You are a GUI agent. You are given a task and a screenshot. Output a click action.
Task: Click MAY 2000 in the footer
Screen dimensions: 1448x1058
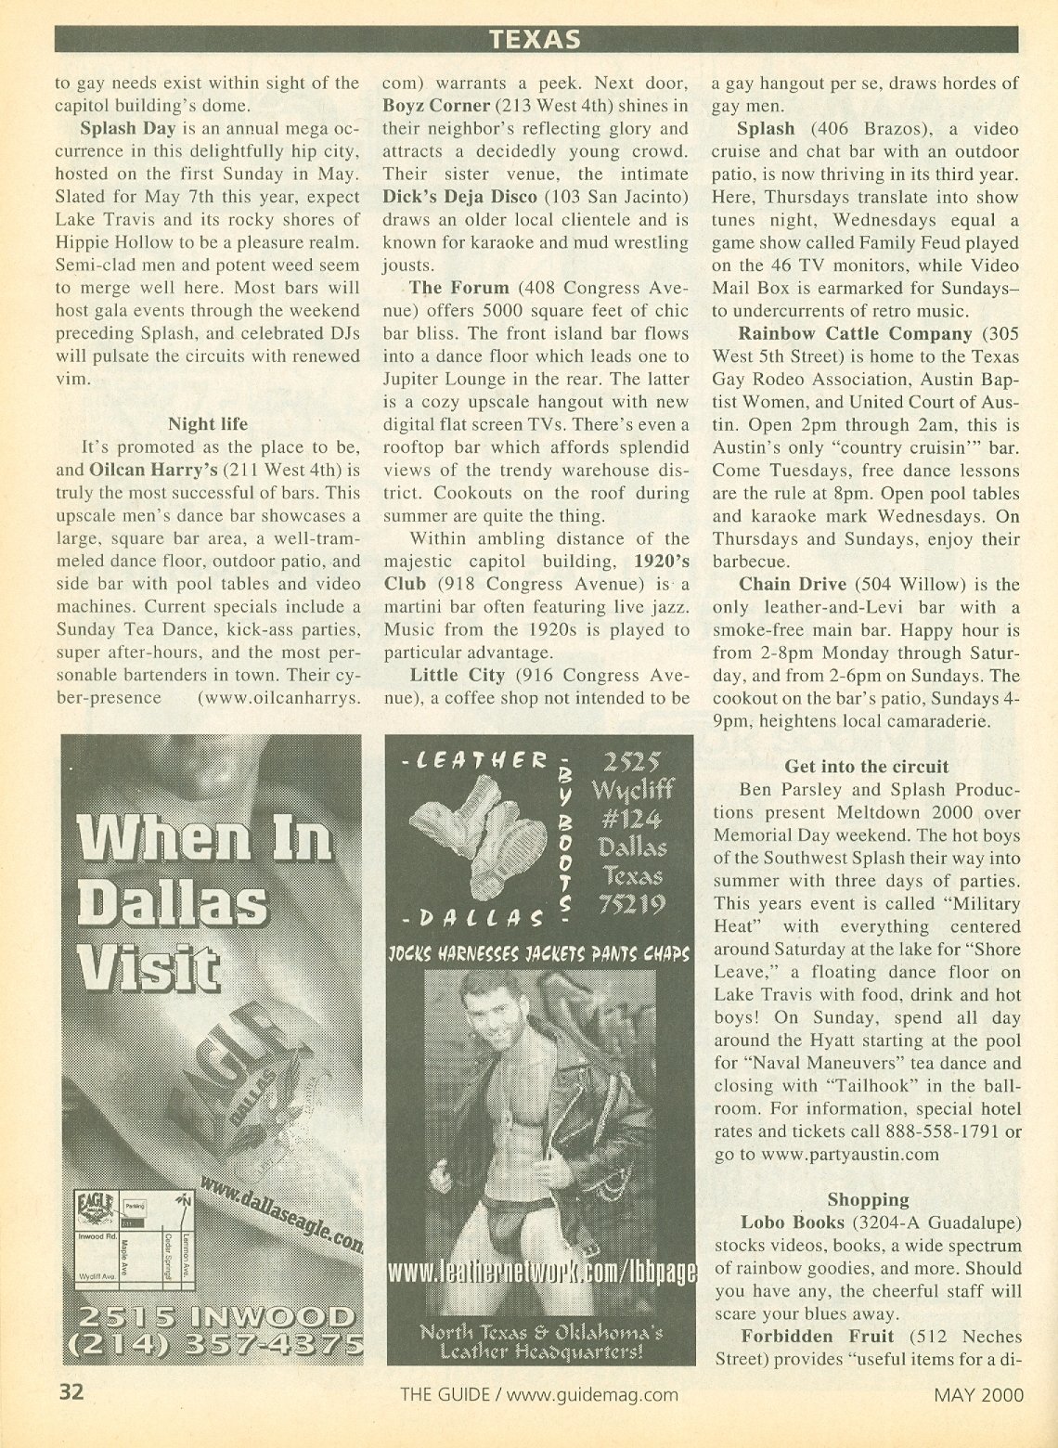(978, 1394)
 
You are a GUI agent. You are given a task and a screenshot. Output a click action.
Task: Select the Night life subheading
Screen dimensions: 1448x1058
(208, 424)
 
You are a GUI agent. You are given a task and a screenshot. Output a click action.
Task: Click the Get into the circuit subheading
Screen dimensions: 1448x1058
(867, 767)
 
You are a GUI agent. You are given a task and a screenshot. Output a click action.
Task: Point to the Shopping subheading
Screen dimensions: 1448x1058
(868, 1199)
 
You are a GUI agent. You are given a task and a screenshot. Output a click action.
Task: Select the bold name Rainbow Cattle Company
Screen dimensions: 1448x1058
(855, 333)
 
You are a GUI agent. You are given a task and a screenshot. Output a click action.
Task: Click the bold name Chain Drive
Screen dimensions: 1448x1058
(793, 585)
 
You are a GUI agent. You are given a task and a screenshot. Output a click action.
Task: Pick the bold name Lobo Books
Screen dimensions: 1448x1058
(793, 1222)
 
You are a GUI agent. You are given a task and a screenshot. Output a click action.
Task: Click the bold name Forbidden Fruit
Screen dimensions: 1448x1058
(817, 1337)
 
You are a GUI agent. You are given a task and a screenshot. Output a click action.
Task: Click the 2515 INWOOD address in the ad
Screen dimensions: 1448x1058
(211, 1317)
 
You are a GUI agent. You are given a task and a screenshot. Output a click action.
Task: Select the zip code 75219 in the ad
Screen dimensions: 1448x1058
(631, 904)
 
